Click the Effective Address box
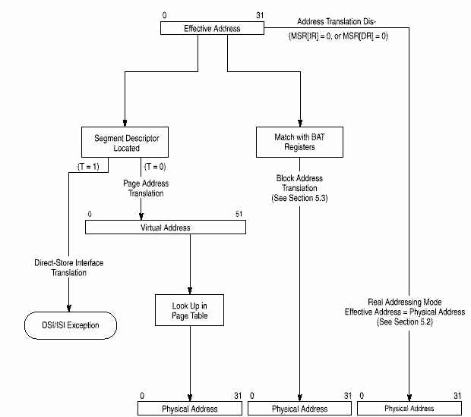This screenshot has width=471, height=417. [212, 28]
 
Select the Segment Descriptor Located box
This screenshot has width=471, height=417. [125, 143]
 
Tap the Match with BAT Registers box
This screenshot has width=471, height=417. [294, 143]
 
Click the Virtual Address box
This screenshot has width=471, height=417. [166, 227]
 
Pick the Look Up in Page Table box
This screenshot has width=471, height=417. [188, 309]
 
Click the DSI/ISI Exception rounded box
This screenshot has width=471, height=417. [70, 327]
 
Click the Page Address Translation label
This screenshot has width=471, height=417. [146, 188]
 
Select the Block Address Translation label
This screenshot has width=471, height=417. [302, 187]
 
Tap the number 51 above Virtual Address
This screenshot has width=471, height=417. [239, 215]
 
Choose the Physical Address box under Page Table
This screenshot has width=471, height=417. [189, 409]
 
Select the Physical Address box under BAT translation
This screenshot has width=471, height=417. [302, 409]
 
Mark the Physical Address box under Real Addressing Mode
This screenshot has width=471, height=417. [409, 409]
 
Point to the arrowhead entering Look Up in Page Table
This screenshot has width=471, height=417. [188, 290]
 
